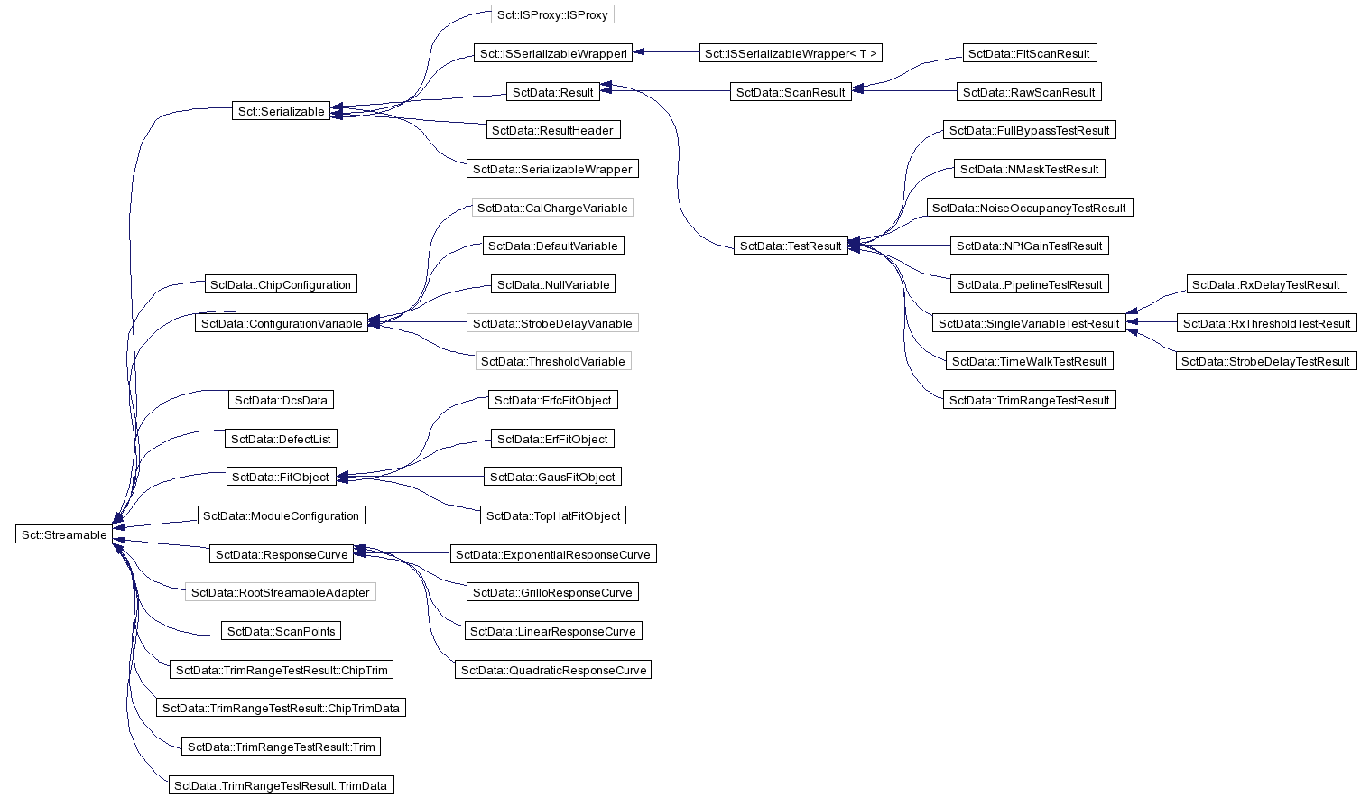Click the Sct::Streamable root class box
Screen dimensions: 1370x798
coord(64,534)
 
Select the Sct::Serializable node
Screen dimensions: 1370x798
coord(281,111)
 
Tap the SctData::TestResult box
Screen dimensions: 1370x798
coord(791,246)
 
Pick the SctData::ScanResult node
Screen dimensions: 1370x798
coord(791,92)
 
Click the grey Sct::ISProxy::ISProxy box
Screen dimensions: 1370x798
coord(552,14)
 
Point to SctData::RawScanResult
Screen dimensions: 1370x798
coord(1029,92)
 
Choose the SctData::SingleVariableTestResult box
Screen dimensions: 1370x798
coord(1029,322)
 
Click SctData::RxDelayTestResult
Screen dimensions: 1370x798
coord(1266,284)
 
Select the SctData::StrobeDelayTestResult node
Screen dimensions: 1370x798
coord(1265,361)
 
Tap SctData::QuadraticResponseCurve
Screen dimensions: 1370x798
coord(553,670)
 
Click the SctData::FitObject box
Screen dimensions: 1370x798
coord(281,476)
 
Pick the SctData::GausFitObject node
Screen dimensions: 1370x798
coord(552,476)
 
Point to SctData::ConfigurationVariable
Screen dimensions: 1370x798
coord(282,322)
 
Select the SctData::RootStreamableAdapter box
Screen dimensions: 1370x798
coord(280,592)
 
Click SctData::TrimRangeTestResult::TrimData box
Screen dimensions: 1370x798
coord(281,784)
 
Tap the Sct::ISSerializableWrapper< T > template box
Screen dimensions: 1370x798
coord(791,53)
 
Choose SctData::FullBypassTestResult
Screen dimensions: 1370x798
coord(1029,130)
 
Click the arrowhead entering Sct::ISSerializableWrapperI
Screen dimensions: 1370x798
coord(638,52)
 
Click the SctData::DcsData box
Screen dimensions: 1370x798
coord(281,400)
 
